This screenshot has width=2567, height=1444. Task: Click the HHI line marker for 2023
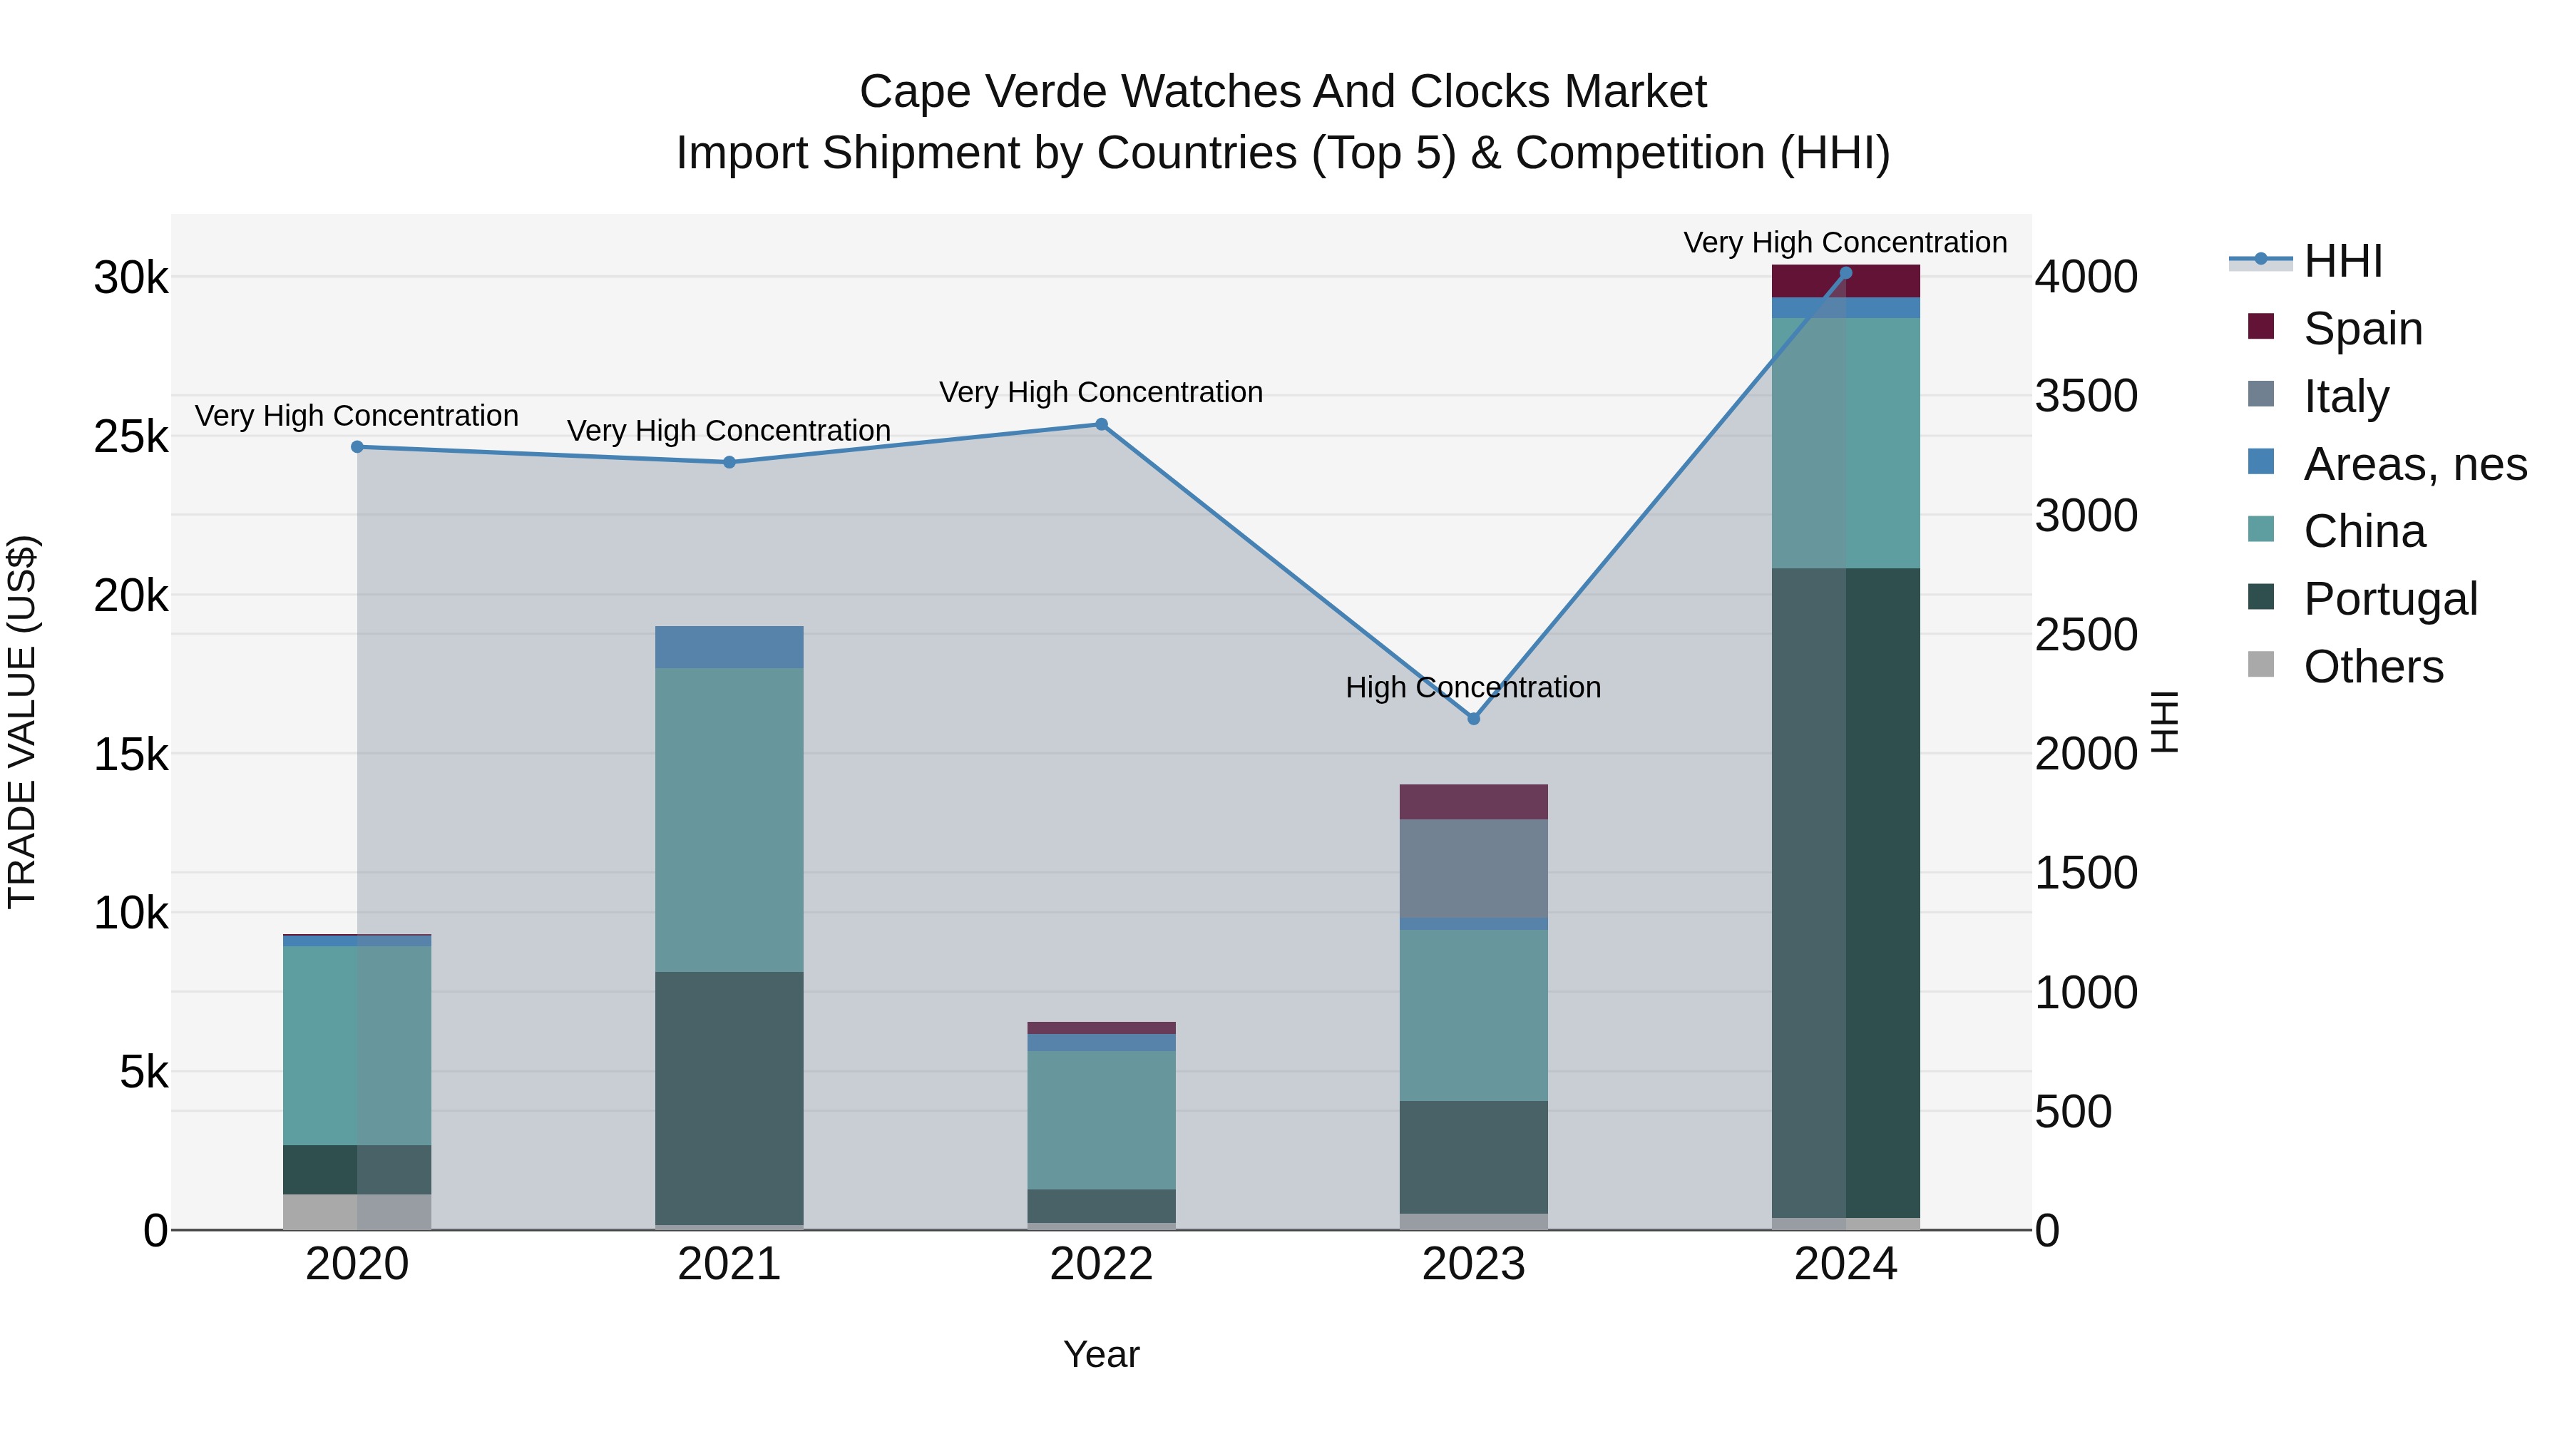pyautogui.click(x=1474, y=719)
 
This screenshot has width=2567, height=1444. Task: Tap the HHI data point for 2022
pyautogui.click(x=1101, y=424)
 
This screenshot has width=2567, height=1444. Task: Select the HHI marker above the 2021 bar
pyautogui.click(x=729, y=462)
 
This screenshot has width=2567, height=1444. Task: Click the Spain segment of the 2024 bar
pyautogui.click(x=1845, y=282)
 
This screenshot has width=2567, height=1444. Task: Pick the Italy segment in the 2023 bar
pyautogui.click(x=1474, y=868)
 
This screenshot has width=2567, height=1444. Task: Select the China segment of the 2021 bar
pyautogui.click(x=729, y=819)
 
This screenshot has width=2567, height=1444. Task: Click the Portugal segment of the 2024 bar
pyautogui.click(x=1845, y=892)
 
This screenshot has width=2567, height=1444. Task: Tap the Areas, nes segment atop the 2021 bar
pyautogui.click(x=729, y=647)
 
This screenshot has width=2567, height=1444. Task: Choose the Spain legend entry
pyautogui.click(x=2362, y=329)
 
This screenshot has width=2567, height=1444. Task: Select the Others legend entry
pyautogui.click(x=2372, y=667)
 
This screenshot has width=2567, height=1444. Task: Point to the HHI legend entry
pyautogui.click(x=2342, y=261)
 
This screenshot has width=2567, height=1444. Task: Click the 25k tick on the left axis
pyautogui.click(x=130, y=436)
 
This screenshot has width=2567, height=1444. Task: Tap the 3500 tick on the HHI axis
pyautogui.click(x=2086, y=396)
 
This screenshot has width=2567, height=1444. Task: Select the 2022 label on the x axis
pyautogui.click(x=1101, y=1264)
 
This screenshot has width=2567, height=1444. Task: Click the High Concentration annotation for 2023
pyautogui.click(x=1473, y=687)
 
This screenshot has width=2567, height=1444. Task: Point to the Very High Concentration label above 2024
pyautogui.click(x=1845, y=242)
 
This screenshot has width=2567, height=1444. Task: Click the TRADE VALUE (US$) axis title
pyautogui.click(x=23, y=722)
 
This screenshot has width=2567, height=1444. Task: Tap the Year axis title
pyautogui.click(x=1101, y=1354)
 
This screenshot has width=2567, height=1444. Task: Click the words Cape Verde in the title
pyautogui.click(x=982, y=92)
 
